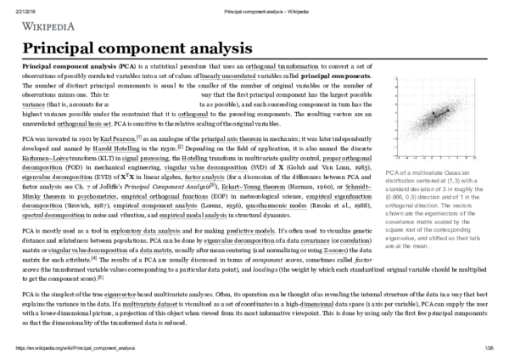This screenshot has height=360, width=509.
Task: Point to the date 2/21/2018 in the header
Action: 19,4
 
